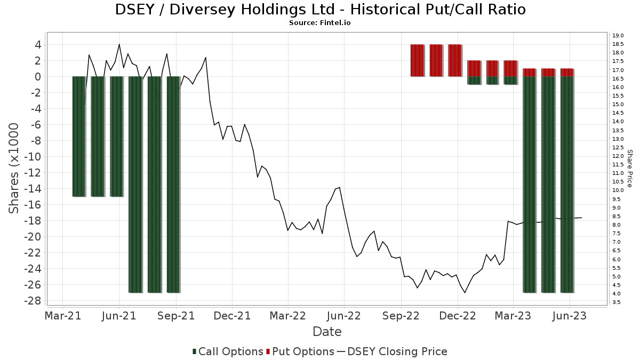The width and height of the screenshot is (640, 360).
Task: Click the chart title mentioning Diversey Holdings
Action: [x=320, y=10]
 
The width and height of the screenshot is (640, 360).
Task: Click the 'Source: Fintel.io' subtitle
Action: [x=320, y=23]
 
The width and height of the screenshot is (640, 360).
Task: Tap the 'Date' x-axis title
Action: [x=327, y=332]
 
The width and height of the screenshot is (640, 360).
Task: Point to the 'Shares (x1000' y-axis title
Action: [x=15, y=168]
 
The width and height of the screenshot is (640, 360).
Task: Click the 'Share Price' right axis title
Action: [x=630, y=168]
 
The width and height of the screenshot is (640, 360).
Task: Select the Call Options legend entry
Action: [x=228, y=351]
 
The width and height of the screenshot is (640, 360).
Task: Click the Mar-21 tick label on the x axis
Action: [x=63, y=316]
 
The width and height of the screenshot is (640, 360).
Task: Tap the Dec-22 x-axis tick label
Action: [x=458, y=316]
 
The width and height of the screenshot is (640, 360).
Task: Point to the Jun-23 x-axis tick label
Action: [x=570, y=316]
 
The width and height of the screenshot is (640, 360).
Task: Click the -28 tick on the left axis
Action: [x=35, y=301]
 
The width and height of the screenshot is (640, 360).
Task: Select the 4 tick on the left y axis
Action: [x=38, y=45]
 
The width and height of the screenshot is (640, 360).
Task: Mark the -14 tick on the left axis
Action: [x=35, y=189]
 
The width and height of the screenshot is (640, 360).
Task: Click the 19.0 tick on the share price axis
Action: [x=619, y=35]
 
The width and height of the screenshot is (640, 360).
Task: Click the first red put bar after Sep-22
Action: [x=417, y=60]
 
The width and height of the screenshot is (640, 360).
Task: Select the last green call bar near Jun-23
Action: [x=567, y=184]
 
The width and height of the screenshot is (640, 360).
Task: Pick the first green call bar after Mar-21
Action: [x=79, y=136]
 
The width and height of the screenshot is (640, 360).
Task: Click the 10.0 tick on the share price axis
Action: [x=619, y=190]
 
